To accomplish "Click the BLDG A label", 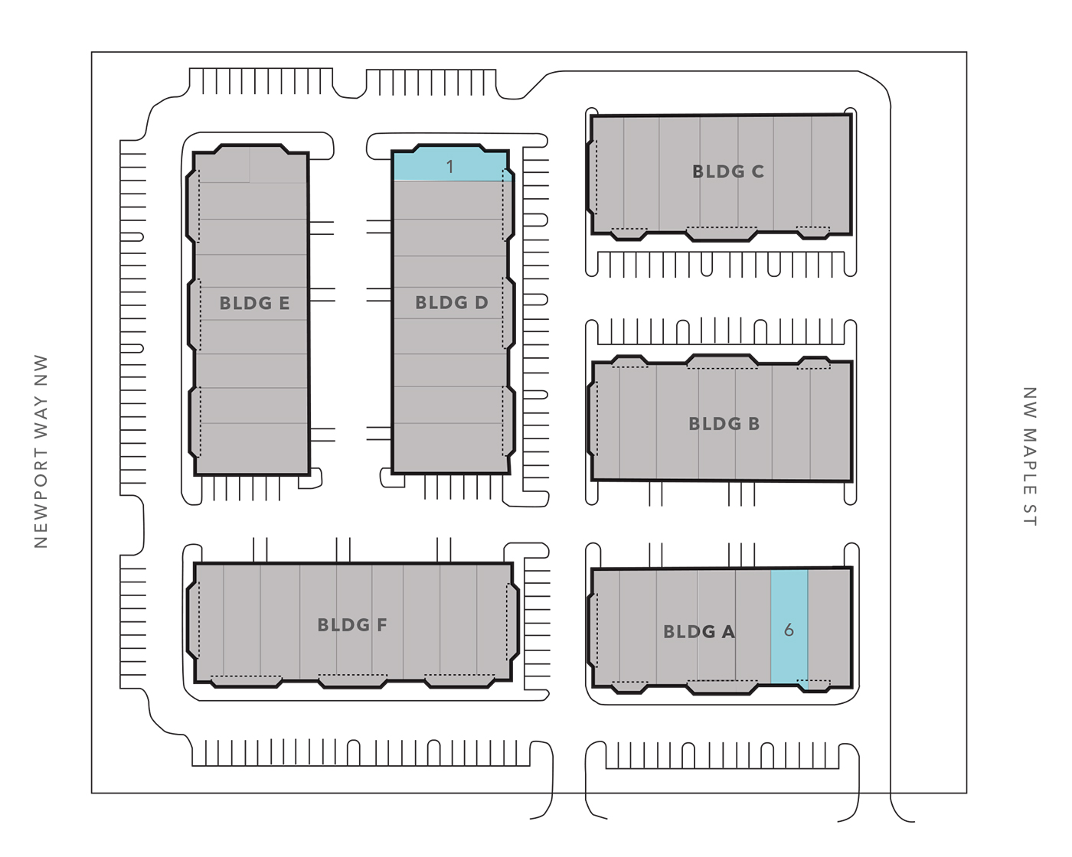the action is point(699,632).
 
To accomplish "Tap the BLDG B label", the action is point(724,424).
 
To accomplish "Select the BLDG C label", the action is point(727,171).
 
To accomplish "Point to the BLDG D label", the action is point(451,302).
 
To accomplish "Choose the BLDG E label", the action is point(254,303).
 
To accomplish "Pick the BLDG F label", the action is point(352,625).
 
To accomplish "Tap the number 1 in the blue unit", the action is point(449,167).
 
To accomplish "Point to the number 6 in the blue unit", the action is point(789,631).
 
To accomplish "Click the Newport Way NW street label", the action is point(41,451).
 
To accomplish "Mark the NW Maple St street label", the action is point(1030,457).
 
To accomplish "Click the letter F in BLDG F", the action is point(382,625).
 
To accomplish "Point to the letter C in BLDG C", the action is point(757,171).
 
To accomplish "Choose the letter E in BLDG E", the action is point(284,303).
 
